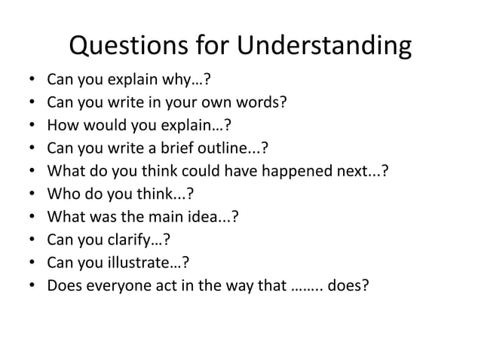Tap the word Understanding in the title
[x=325, y=47]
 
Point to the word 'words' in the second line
[x=260, y=102]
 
